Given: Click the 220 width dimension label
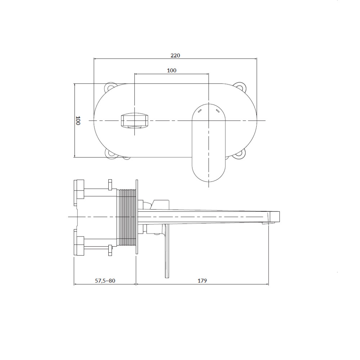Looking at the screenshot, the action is click(x=175, y=55).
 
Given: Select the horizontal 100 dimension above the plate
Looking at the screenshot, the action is click(x=171, y=71).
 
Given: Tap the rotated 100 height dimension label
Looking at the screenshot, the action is click(x=78, y=121).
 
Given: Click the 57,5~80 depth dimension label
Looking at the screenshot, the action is click(x=105, y=280).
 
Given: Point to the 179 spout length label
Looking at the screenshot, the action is click(x=202, y=280).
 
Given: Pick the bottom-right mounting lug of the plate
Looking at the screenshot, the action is click(x=239, y=153).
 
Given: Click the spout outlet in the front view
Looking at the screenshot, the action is click(x=135, y=120).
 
